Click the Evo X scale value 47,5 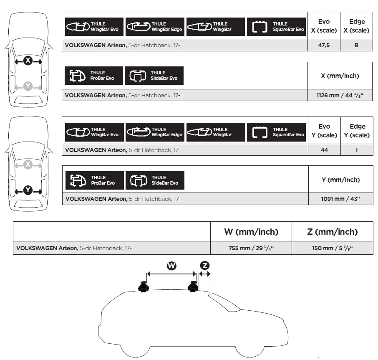tap(324, 45)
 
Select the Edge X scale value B tap(356, 45)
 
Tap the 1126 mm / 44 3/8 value tap(340, 95)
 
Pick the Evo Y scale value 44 tap(324, 150)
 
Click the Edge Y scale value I tap(357, 150)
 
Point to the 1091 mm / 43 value tap(340, 199)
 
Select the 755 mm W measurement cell tap(251, 248)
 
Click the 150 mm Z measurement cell tap(333, 248)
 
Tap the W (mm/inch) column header tap(251, 232)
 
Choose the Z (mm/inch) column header tap(333, 232)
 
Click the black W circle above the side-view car tap(171, 266)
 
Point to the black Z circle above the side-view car tap(205, 266)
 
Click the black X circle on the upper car tap(28, 60)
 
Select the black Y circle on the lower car tap(28, 190)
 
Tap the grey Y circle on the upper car tap(28, 86)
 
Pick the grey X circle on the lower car tap(28, 165)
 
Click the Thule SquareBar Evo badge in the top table tap(276, 27)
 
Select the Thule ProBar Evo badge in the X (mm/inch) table tap(94, 76)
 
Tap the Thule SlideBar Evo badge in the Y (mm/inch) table tap(155, 180)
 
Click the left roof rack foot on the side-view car tap(144, 286)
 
